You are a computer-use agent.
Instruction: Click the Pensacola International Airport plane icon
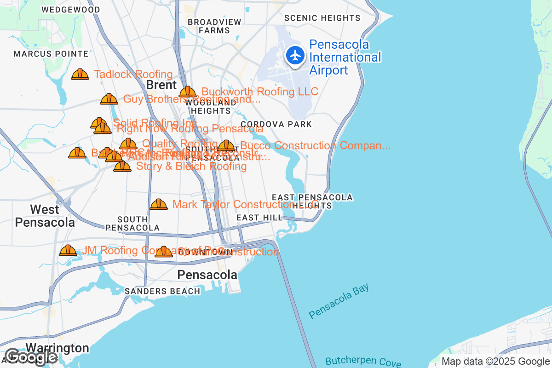pyautogui.click(x=295, y=56)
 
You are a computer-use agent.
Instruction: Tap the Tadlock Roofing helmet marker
pyautogui.click(x=80, y=74)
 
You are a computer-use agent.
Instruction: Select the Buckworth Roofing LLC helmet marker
pyautogui.click(x=187, y=92)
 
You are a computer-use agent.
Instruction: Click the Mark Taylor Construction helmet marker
pyautogui.click(x=159, y=204)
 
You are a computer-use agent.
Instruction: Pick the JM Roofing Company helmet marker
pyautogui.click(x=68, y=250)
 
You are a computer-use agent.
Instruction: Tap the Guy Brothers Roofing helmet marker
pyautogui.click(x=109, y=99)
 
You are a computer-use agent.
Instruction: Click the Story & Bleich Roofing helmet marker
pyautogui.click(x=122, y=166)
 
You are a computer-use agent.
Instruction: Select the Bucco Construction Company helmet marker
pyautogui.click(x=226, y=146)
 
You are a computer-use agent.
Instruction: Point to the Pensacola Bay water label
pyautogui.click(x=339, y=301)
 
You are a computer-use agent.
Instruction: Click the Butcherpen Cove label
pyautogui.click(x=363, y=362)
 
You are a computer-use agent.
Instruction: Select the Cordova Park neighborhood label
pyautogui.click(x=276, y=124)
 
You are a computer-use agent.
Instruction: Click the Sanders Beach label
pyautogui.click(x=162, y=291)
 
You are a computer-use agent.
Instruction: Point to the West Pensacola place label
pyautogui.click(x=45, y=216)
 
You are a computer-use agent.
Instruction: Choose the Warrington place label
pyautogui.click(x=57, y=348)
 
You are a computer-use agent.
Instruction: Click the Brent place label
pyautogui.click(x=161, y=85)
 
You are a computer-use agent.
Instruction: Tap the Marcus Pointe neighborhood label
pyautogui.click(x=45, y=54)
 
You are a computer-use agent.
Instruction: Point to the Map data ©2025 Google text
pyautogui.click(x=495, y=362)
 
